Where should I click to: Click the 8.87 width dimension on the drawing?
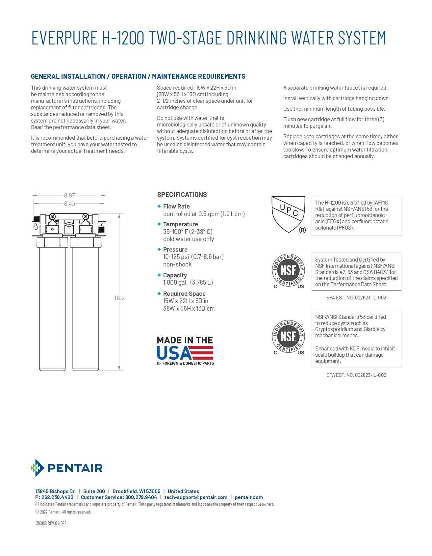(69, 195)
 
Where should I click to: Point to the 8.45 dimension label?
(69, 204)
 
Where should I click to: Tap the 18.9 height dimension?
(119, 298)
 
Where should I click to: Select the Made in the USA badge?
(185, 350)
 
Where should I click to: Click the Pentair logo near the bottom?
(67, 468)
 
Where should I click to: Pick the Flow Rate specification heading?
(176, 207)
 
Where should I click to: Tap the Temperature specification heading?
(180, 224)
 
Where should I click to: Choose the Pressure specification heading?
(175, 250)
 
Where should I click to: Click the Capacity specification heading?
(175, 275)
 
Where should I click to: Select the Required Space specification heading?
(184, 294)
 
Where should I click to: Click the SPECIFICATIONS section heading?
(182, 195)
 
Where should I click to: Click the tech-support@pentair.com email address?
(196, 497)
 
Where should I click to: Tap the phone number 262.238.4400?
(57, 497)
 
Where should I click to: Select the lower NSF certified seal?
(289, 337)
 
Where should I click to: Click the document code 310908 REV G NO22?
(51, 523)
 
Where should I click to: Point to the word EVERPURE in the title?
(64, 38)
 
